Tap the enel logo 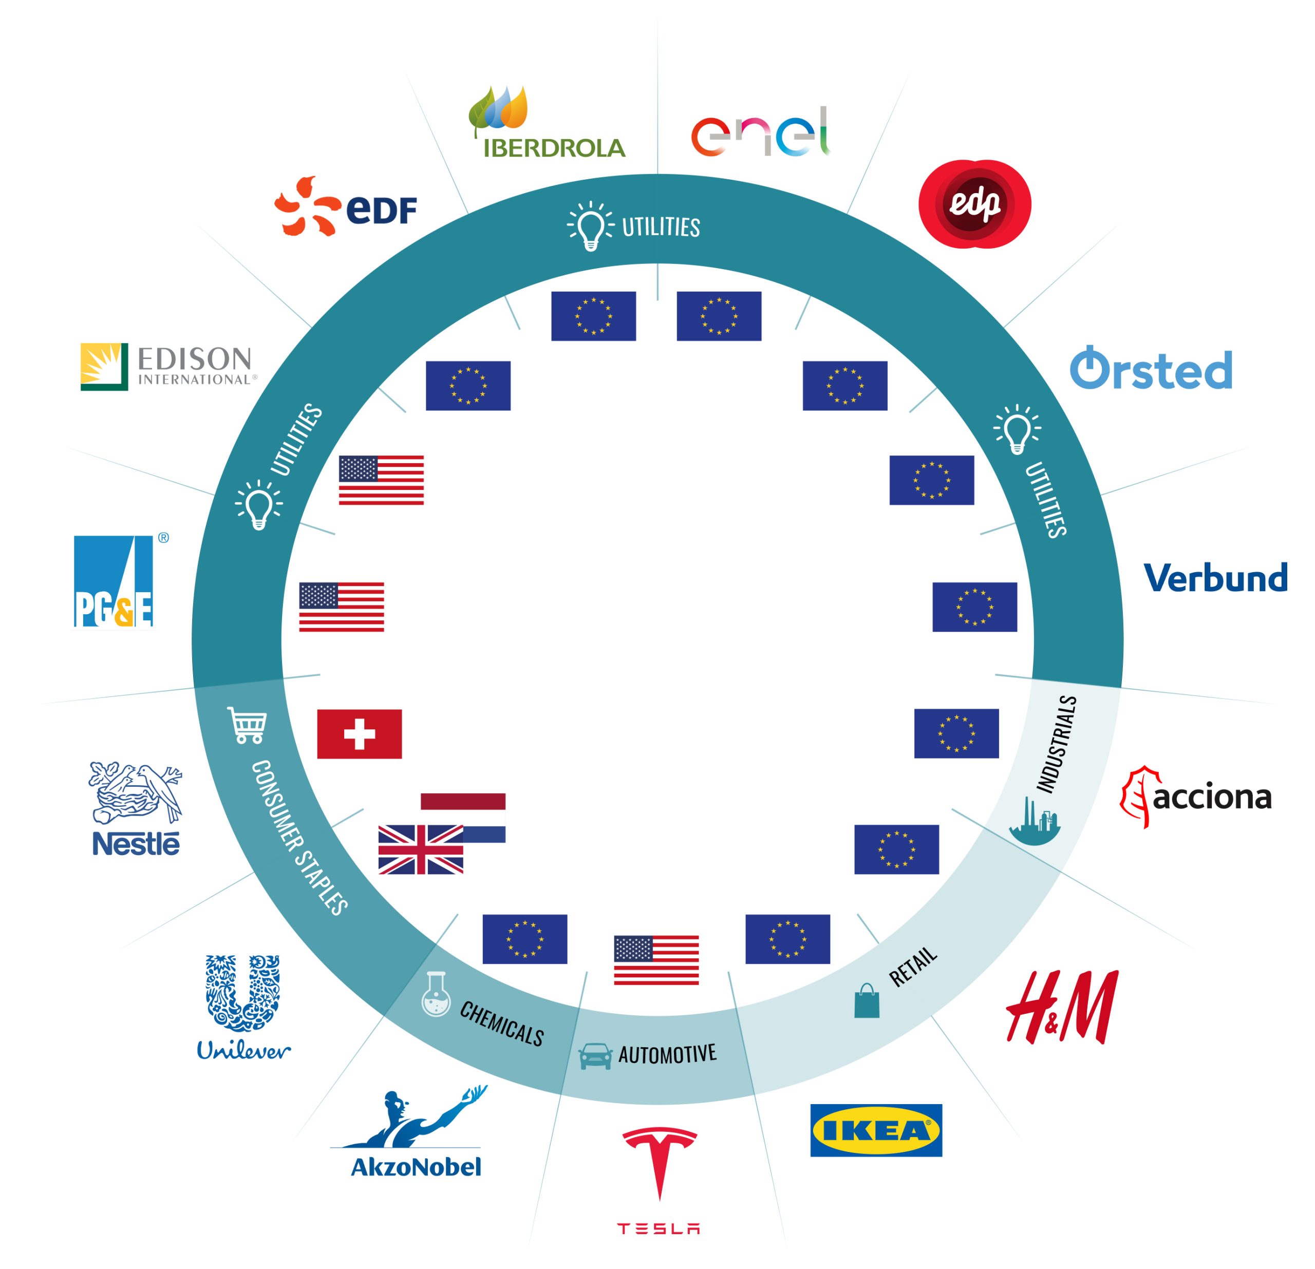tap(760, 131)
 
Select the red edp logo tap(974, 204)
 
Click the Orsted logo tap(1151, 368)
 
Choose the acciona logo tap(1196, 798)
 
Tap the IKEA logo tap(875, 1131)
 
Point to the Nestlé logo tap(136, 808)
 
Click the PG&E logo tap(115, 581)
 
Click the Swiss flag tap(359, 734)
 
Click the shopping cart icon tap(248, 725)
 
